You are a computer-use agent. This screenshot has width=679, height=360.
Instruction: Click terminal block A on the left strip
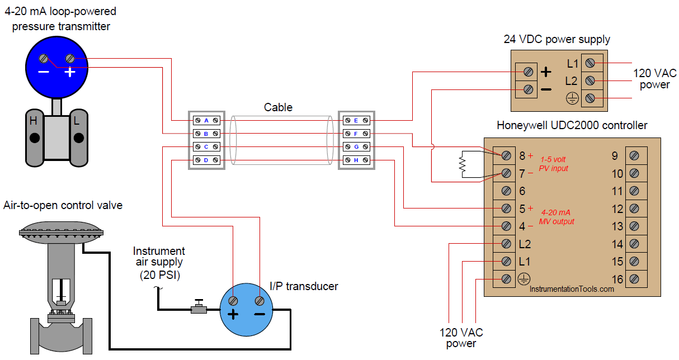point(206,120)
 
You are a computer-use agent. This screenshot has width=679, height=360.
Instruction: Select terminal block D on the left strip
point(206,161)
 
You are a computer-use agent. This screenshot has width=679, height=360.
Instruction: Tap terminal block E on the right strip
point(356,120)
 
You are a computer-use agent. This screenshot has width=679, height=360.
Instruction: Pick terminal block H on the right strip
point(356,161)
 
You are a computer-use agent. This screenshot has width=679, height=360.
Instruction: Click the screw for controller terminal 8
point(506,155)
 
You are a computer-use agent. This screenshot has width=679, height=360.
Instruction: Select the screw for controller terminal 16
point(634,278)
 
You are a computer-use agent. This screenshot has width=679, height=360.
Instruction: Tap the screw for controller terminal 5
point(506,209)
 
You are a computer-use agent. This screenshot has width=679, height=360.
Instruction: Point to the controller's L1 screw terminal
point(506,261)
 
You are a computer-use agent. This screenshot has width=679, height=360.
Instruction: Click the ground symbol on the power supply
point(572,99)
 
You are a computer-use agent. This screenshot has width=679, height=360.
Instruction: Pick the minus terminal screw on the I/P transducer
point(260,301)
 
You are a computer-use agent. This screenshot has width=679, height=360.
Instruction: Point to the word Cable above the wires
point(278,107)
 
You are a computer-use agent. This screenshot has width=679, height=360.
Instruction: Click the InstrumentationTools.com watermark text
point(572,289)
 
